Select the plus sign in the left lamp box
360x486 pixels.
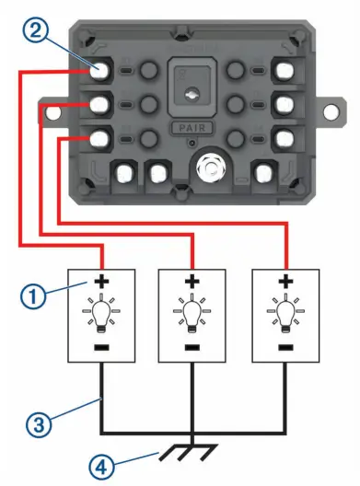(x=99, y=281)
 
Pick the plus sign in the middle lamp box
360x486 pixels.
(x=192, y=281)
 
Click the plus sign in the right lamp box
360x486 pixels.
(x=285, y=281)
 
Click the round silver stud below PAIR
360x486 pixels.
(x=212, y=168)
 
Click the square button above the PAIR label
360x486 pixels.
(x=190, y=88)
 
